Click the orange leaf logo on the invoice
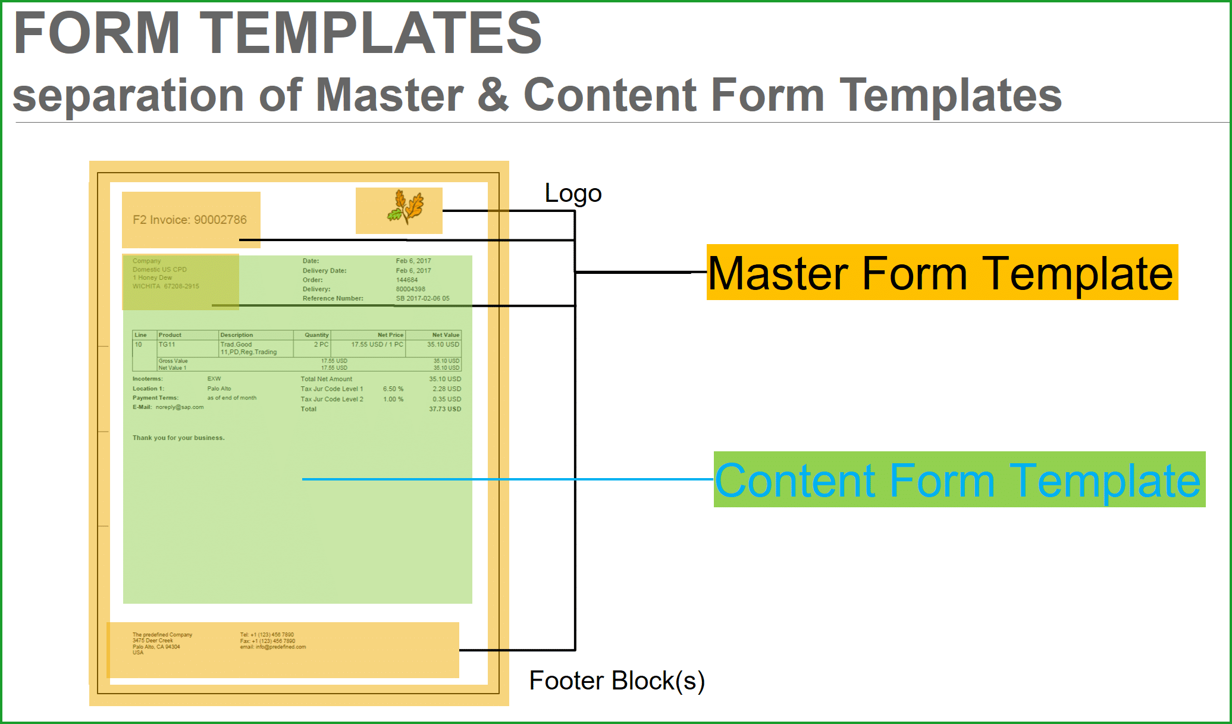click(x=406, y=208)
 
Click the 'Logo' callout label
click(x=573, y=194)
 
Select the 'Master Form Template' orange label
click(x=941, y=273)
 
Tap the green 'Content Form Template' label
click(x=958, y=480)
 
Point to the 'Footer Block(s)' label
click(x=617, y=681)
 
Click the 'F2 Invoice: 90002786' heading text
click(x=190, y=220)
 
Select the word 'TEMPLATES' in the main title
click(x=371, y=33)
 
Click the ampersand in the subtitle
click(x=493, y=95)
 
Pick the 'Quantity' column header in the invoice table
click(x=316, y=335)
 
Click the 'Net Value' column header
click(x=446, y=335)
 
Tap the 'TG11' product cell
click(x=167, y=345)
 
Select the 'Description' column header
click(x=237, y=335)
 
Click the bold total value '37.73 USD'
click(x=445, y=409)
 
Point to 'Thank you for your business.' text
click(x=178, y=438)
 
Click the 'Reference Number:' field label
click(x=333, y=298)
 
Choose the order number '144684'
click(x=407, y=280)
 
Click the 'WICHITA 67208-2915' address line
click(x=166, y=286)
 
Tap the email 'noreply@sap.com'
click(x=180, y=407)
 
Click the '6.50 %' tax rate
click(x=393, y=389)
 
